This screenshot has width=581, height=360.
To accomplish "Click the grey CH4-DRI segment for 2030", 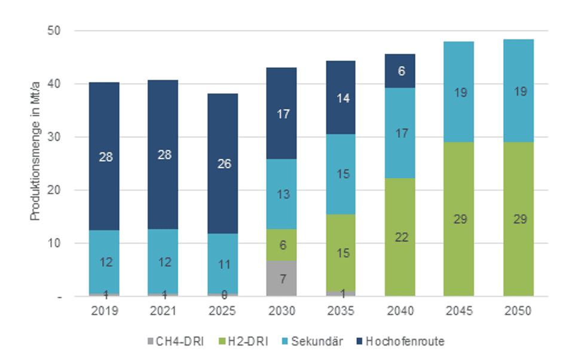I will point(281,278).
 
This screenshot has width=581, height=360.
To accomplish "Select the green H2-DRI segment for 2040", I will point(400,237).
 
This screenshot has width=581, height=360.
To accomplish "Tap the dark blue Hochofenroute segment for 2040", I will point(400,71).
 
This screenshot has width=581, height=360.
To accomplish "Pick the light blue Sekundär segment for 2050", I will point(518,91).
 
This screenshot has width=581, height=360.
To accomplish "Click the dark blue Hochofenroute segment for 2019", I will point(104,156).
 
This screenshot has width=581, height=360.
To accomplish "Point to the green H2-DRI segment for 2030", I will point(281,245).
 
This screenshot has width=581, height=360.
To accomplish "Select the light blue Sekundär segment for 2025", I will point(222,264).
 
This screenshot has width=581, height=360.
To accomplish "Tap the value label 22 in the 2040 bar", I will point(400,237).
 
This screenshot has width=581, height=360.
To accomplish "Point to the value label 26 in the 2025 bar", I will point(222,163).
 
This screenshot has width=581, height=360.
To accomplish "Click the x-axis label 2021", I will point(163,312).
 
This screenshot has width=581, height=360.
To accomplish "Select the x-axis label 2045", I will point(459,312).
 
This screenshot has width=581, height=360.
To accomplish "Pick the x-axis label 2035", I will point(340,312).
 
